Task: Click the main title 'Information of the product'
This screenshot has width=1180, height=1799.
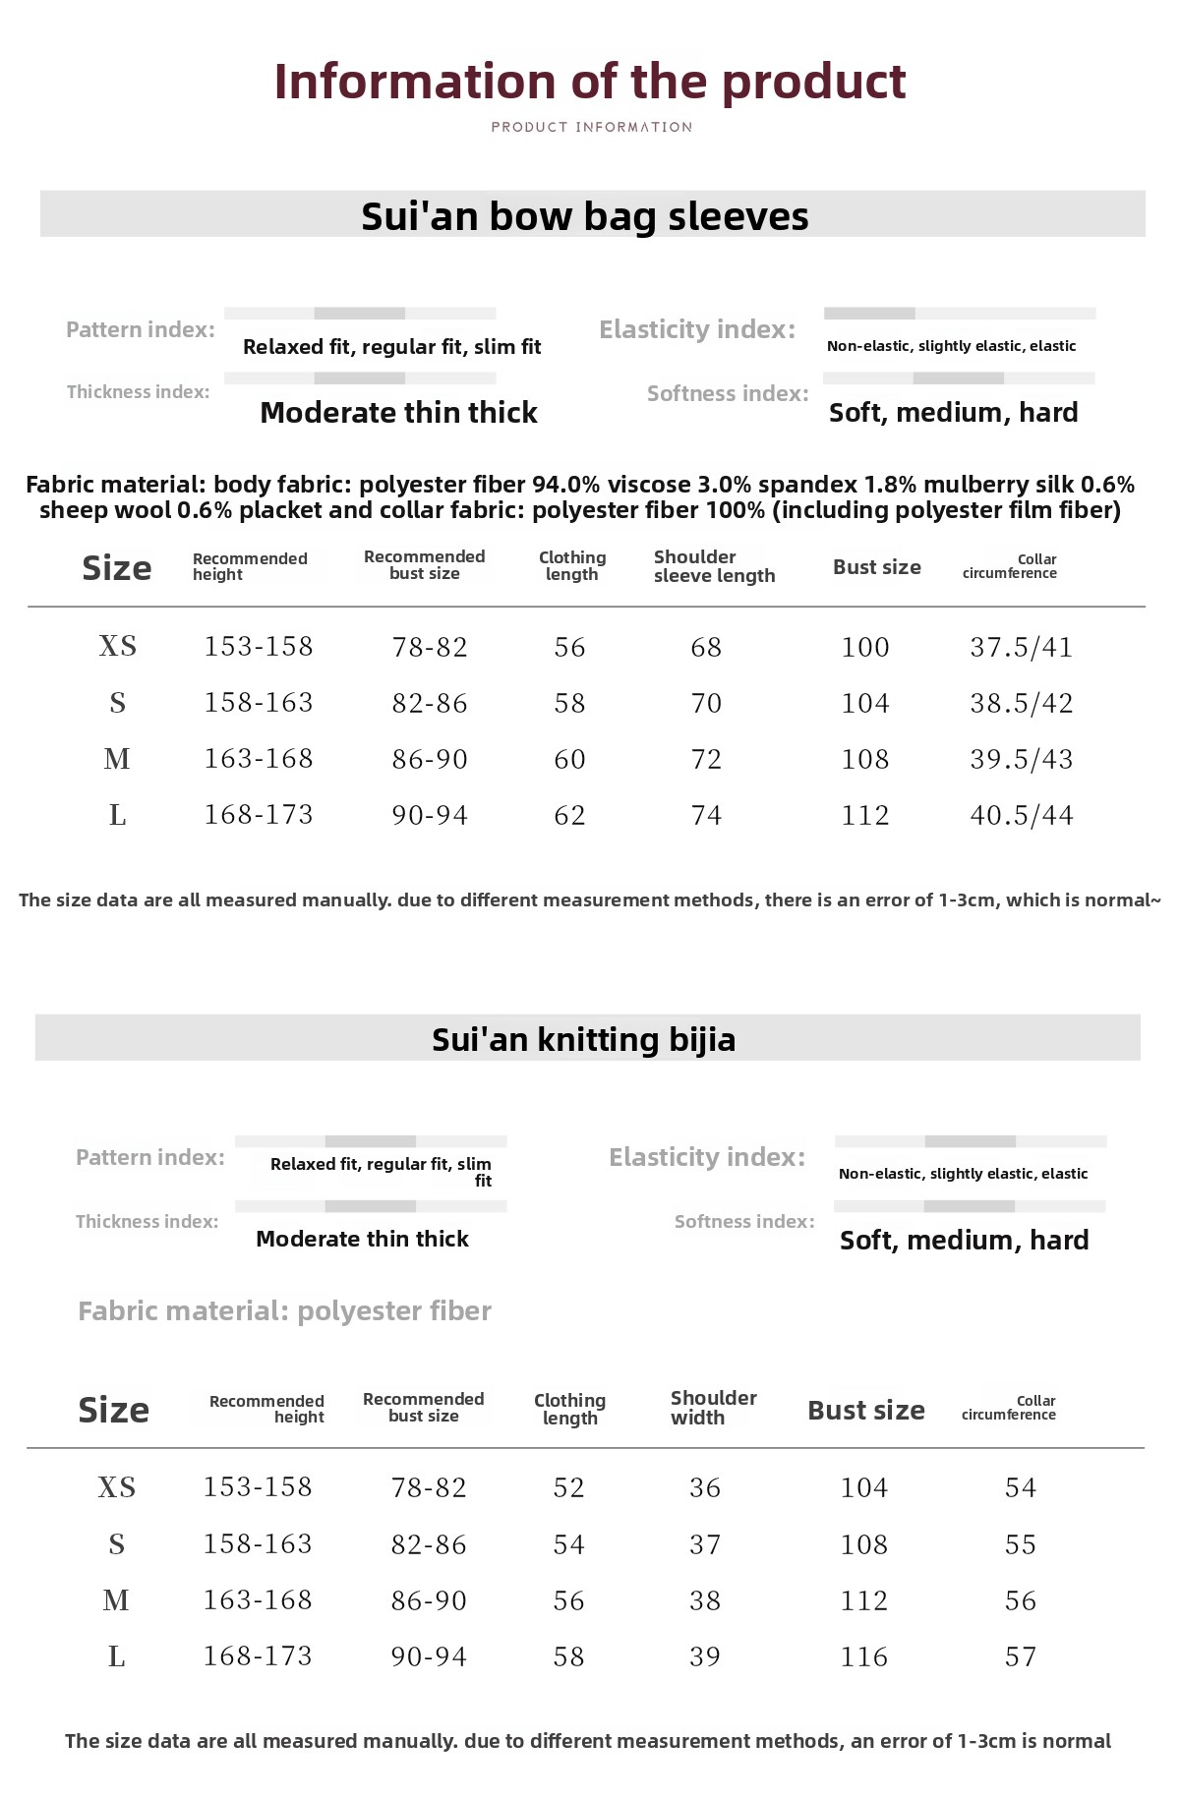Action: click(x=590, y=82)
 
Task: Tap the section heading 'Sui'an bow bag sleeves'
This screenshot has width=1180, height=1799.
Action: click(x=585, y=216)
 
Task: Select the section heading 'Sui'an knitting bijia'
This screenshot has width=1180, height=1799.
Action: click(x=584, y=1039)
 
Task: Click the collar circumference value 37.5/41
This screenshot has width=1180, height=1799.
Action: click(x=1021, y=647)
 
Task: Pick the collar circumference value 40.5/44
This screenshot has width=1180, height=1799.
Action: click(x=1021, y=815)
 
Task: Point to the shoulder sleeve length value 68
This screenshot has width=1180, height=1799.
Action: click(x=706, y=647)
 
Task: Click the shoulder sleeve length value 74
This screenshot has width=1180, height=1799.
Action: click(x=706, y=815)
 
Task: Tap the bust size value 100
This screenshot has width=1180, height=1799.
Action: click(x=865, y=647)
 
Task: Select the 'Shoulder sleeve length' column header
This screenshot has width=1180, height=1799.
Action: click(x=714, y=566)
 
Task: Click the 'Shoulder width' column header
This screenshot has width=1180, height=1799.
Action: click(x=713, y=1408)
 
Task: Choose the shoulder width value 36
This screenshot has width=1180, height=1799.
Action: click(x=705, y=1487)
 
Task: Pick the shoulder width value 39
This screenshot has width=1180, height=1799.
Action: click(x=705, y=1656)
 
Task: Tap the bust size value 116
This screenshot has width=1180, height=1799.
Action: click(x=864, y=1656)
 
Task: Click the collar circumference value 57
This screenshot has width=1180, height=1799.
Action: click(x=1021, y=1656)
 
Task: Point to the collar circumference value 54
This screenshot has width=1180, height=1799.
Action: click(x=1021, y=1487)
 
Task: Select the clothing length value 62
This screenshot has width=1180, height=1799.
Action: click(x=569, y=815)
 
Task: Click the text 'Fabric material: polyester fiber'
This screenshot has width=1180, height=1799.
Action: click(x=284, y=1310)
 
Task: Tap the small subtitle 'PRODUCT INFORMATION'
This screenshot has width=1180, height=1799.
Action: click(x=592, y=127)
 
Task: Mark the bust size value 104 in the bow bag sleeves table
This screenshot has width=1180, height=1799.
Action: click(x=865, y=703)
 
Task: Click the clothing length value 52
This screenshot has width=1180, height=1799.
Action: click(x=568, y=1487)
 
